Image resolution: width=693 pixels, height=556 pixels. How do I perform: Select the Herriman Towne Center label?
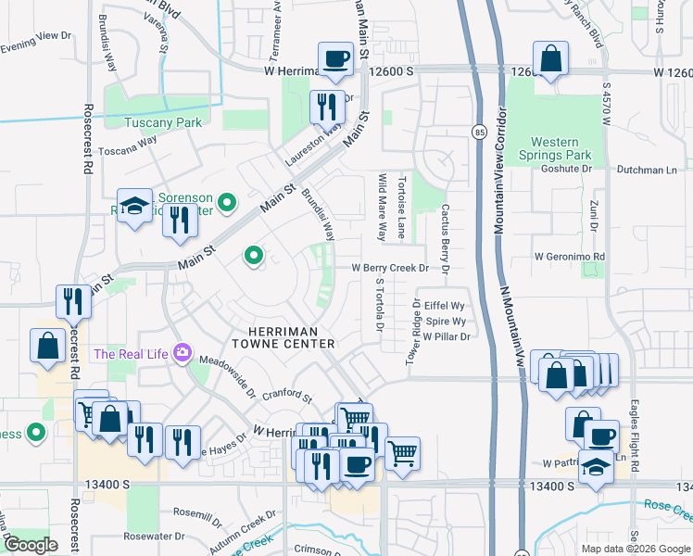point(291,337)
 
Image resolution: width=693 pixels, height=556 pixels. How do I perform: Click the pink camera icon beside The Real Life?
point(183,353)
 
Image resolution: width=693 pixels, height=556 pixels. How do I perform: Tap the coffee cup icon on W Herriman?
point(335,60)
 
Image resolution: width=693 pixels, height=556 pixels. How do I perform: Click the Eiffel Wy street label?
point(444,304)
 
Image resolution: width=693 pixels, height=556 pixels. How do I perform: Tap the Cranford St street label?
point(286,396)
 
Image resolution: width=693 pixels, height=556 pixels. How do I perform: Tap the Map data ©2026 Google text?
point(635,549)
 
